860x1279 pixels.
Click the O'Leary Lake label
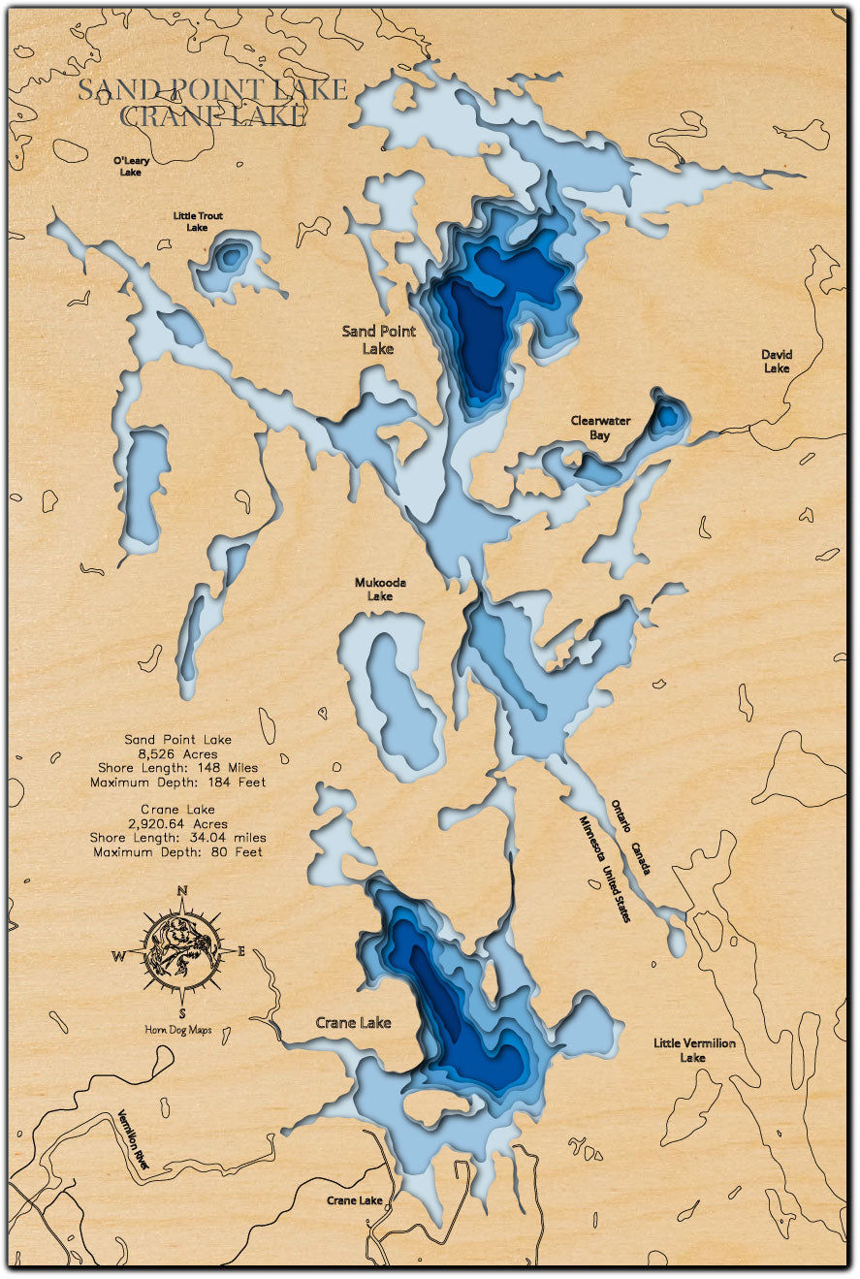point(130,165)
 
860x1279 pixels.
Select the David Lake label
point(776,362)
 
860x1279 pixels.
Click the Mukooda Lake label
point(380,590)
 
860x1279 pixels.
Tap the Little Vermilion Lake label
point(693,1050)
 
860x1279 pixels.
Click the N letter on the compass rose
point(182,893)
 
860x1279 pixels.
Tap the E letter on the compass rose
point(242,951)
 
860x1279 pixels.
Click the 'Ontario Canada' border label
point(631,837)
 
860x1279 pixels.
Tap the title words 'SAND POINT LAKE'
point(212,90)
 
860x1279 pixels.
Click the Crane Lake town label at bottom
point(355,1200)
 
